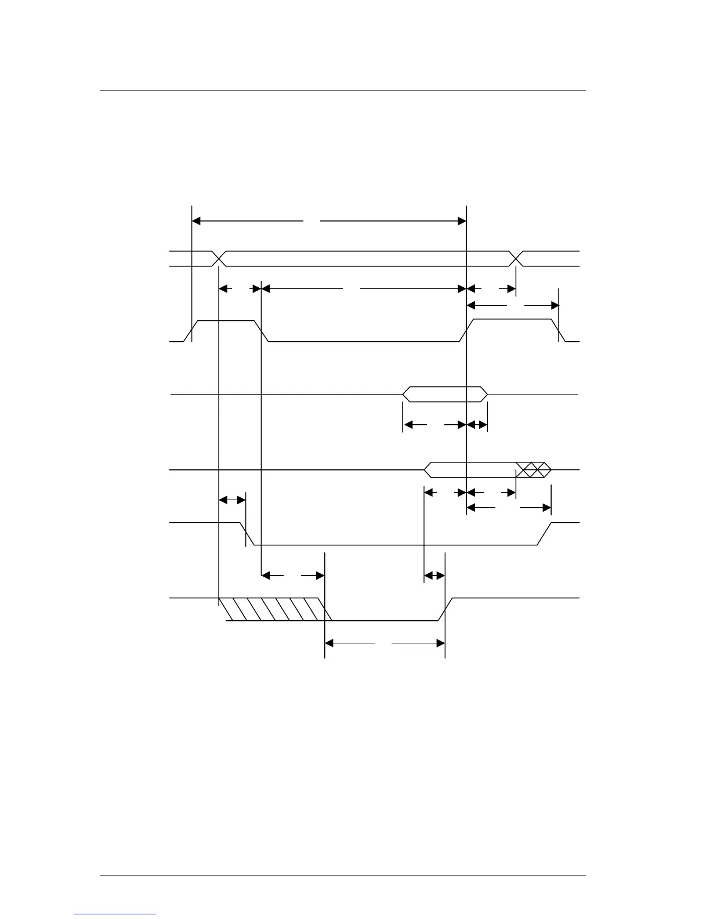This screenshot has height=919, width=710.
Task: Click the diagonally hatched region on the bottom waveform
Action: (270, 609)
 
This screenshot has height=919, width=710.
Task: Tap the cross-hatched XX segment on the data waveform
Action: (532, 470)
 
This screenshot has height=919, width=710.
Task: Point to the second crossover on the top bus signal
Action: (516, 259)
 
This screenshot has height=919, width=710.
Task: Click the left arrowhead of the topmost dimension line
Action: (196, 220)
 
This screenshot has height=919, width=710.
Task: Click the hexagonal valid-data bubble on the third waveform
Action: (445, 394)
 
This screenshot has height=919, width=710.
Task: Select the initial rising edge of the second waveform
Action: (192, 331)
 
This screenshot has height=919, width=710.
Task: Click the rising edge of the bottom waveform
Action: (445, 609)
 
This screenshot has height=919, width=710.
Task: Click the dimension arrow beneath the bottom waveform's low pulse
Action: (385, 643)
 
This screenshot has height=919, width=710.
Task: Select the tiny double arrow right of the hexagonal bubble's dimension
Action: (477, 425)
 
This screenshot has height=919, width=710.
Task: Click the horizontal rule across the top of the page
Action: (342, 91)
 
